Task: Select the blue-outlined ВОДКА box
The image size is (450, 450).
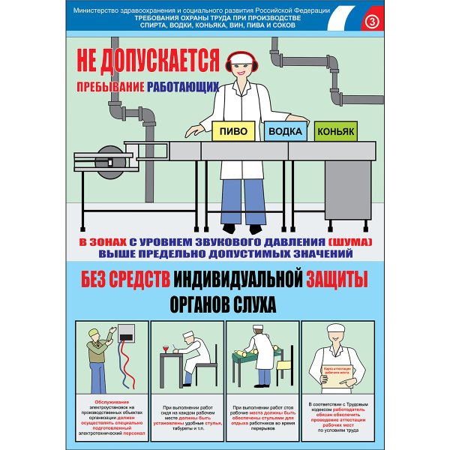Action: coord(285,130)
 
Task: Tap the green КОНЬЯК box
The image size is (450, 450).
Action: coord(334,131)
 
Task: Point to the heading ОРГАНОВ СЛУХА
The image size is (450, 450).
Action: coord(224,304)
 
